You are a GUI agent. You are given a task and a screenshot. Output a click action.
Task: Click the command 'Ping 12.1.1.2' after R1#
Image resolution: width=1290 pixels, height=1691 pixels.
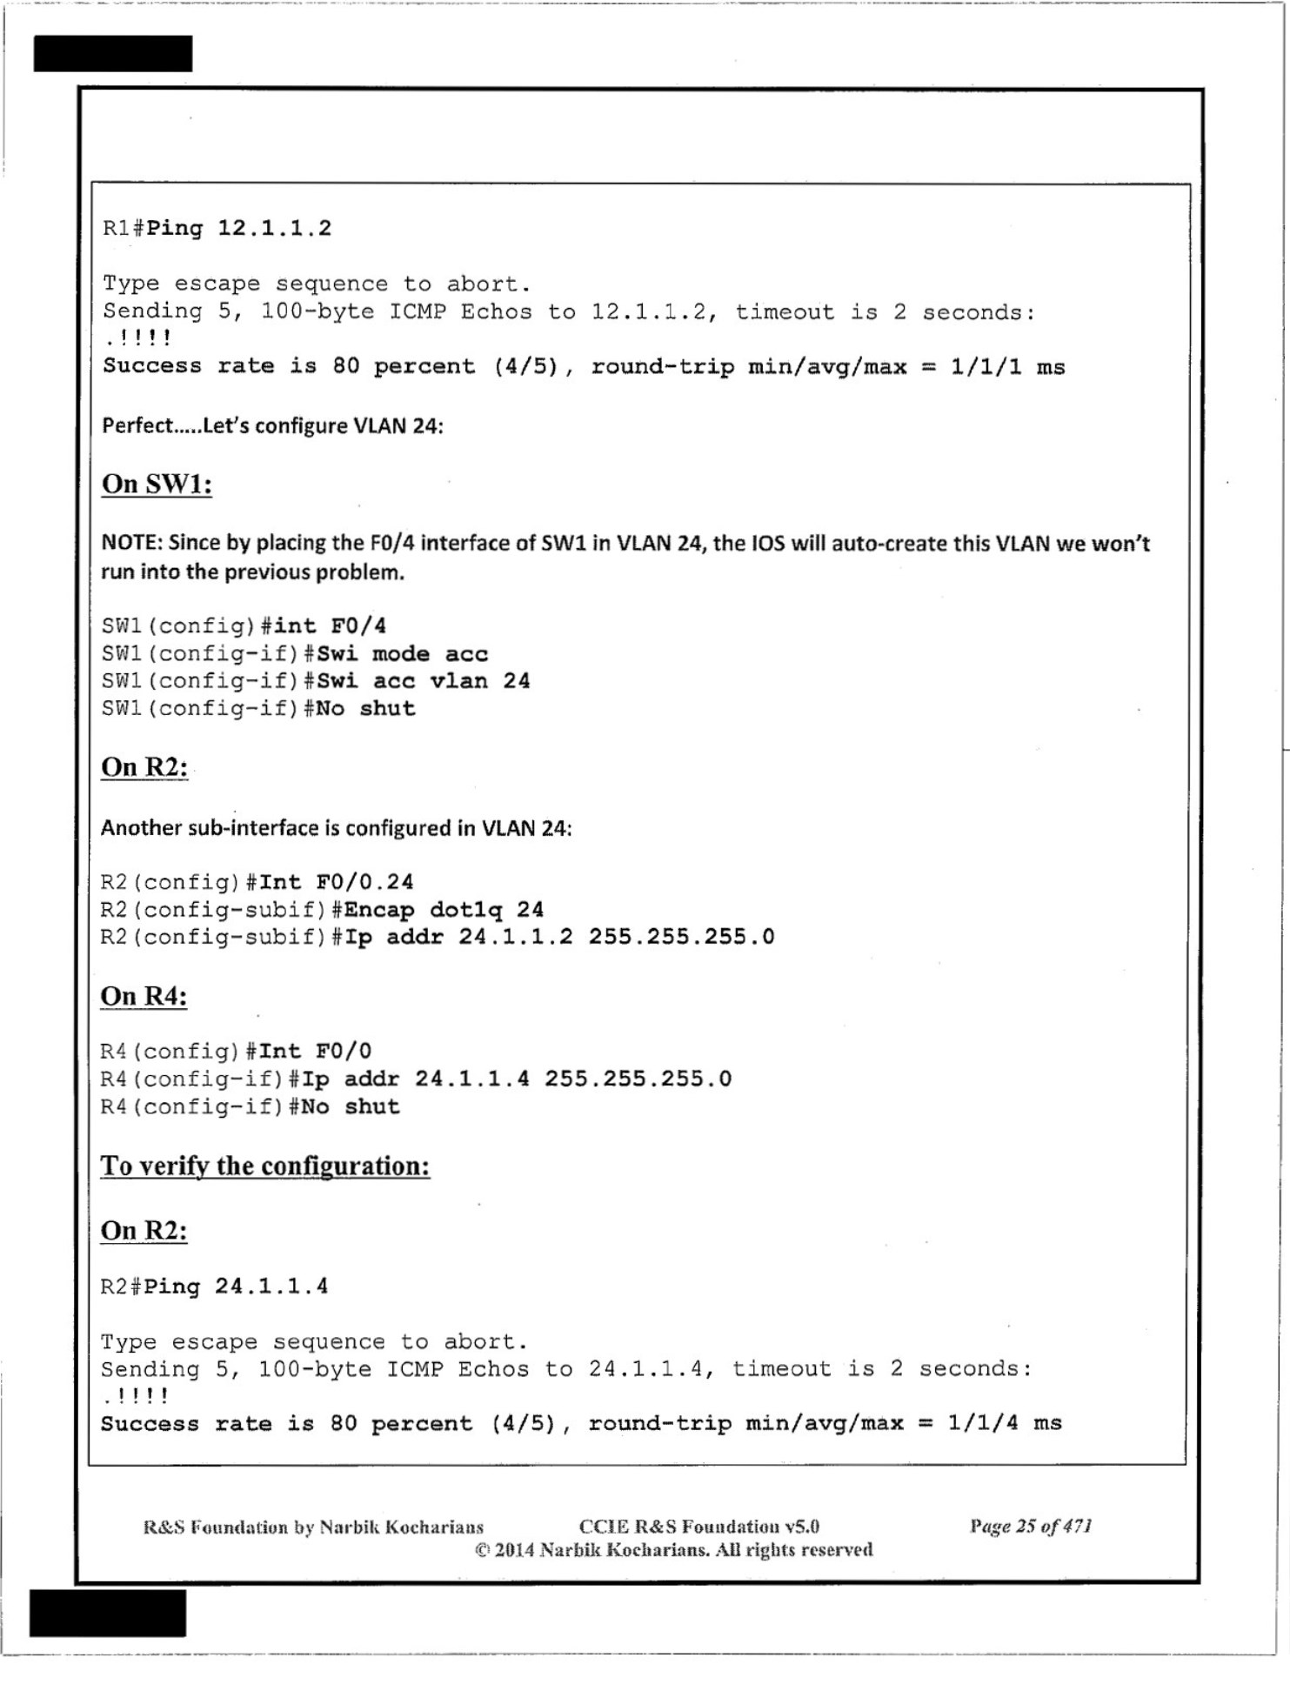pos(238,229)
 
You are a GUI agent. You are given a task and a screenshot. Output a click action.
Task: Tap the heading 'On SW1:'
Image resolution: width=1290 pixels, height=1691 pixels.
pos(157,484)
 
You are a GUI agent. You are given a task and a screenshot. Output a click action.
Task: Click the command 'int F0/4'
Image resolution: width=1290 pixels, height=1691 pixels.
pos(330,625)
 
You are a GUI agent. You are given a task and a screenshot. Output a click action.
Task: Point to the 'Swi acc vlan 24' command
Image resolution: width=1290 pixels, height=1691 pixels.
pos(423,681)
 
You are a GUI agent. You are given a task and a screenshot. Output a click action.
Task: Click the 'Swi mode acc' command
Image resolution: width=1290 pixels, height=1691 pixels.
pos(402,653)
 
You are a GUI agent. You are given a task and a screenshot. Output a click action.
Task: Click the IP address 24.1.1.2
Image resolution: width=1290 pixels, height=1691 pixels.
pos(516,937)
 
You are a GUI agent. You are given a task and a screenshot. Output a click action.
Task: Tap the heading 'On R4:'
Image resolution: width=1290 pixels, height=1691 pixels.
pos(144,996)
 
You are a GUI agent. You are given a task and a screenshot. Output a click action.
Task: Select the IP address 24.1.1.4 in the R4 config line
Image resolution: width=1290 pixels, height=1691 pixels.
pos(471,1079)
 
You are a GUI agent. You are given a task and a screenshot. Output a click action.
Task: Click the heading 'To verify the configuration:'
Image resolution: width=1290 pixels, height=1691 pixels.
pos(265,1166)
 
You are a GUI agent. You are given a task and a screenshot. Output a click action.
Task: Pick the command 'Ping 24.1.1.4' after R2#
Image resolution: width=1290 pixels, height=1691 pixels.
pos(236,1286)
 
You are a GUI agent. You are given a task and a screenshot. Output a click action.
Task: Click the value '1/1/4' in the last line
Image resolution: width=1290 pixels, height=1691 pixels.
pos(982,1423)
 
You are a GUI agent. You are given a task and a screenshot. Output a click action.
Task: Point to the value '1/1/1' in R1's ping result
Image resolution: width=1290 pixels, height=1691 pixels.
pos(986,366)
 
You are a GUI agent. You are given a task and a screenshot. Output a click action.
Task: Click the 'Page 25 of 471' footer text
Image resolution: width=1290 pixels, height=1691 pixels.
pos(1031,1526)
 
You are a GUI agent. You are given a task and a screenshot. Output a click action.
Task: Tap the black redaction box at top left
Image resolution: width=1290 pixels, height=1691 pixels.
pos(113,54)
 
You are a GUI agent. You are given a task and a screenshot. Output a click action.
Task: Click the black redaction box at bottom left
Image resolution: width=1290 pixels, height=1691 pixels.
pos(108,1614)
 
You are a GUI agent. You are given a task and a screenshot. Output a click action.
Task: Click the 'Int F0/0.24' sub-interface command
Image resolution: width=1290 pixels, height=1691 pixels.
pos(336,882)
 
